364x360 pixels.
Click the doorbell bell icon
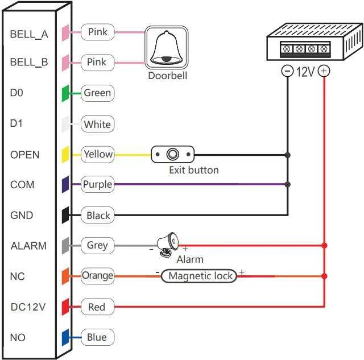[x=166, y=47]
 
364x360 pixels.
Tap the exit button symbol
[x=173, y=154]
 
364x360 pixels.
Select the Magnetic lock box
[x=199, y=276]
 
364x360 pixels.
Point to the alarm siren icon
[x=167, y=245]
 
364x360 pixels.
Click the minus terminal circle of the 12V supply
[x=287, y=71]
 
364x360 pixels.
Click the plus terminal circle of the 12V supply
[x=324, y=71]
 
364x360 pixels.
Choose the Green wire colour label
[x=97, y=93]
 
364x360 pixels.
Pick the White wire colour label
[x=97, y=124]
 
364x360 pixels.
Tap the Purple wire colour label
[x=97, y=184]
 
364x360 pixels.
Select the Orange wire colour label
[x=97, y=276]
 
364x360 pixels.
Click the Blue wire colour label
[x=97, y=337]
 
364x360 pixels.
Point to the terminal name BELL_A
[x=29, y=34]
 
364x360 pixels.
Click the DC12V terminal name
[x=28, y=307]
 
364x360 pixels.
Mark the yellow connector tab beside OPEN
[x=65, y=155]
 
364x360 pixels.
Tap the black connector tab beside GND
[x=65, y=215]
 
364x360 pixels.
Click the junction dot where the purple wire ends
[x=287, y=184]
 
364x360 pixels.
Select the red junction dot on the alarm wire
[x=325, y=245]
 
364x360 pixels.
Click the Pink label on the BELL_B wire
[x=97, y=63]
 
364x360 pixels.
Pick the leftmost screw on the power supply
[x=287, y=49]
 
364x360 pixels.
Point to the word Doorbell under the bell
[x=168, y=76]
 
